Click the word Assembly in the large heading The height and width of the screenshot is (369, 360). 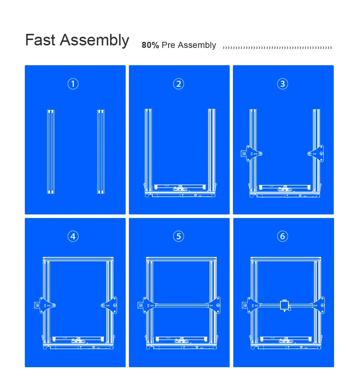[x=94, y=40]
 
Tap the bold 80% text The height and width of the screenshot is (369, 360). [x=150, y=45]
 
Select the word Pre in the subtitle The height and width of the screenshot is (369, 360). [x=168, y=45]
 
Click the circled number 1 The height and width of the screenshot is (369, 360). [x=73, y=84]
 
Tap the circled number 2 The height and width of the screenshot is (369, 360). [x=179, y=84]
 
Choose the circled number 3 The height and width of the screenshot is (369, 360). [x=283, y=84]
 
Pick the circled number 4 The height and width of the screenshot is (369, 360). [x=73, y=236]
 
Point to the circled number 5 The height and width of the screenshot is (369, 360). [x=179, y=236]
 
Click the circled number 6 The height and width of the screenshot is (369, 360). [x=283, y=236]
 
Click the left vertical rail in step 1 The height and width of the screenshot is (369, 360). [x=51, y=151]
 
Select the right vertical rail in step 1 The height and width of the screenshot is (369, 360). [x=101, y=151]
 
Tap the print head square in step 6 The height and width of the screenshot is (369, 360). [x=285, y=305]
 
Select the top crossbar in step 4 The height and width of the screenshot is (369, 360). [x=78, y=259]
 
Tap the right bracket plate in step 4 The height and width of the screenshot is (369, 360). [x=109, y=305]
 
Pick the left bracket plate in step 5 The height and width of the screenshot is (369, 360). [x=148, y=305]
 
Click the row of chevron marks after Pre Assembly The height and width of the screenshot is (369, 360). [x=277, y=47]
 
